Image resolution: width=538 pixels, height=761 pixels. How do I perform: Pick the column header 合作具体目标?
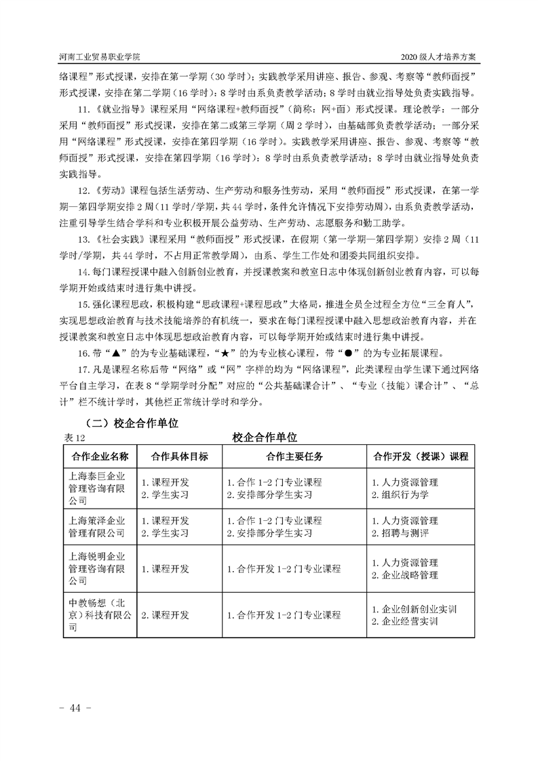[x=174, y=456]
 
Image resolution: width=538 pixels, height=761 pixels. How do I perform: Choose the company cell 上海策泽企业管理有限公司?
[x=99, y=527]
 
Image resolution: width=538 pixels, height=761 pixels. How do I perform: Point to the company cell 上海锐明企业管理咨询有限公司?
[x=99, y=569]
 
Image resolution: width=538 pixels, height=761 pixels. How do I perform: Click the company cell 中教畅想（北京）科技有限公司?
[x=99, y=615]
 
